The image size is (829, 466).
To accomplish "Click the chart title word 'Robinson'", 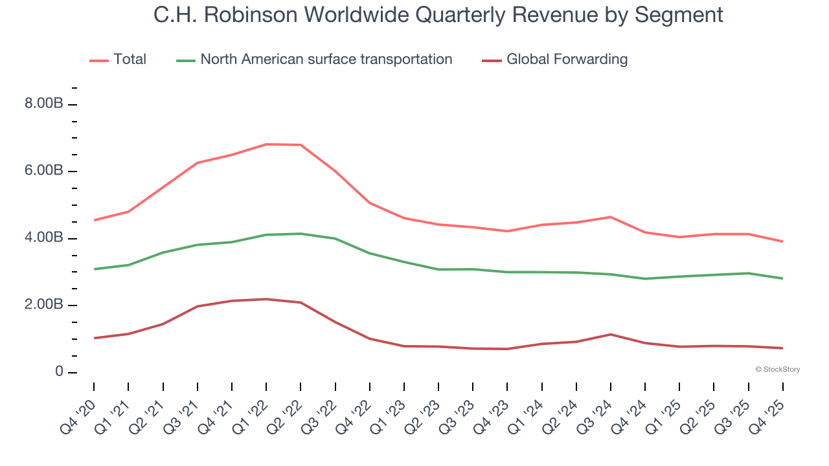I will [x=244, y=14].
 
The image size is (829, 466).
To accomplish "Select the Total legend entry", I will [x=119, y=60].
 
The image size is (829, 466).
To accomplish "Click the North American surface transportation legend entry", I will [x=315, y=60].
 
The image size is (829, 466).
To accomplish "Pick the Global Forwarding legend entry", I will [x=555, y=60].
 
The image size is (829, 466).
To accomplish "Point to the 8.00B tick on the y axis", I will [x=43, y=104].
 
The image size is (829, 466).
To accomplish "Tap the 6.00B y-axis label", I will [x=43, y=172].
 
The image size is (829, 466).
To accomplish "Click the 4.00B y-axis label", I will [x=43, y=238].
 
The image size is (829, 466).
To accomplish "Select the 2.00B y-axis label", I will [x=43, y=305].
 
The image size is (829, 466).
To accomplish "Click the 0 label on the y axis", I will [x=58, y=372].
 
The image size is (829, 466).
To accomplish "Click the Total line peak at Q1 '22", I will [x=266, y=144].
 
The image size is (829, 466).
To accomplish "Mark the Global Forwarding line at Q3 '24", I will [x=611, y=334].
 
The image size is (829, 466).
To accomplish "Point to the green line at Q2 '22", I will [x=301, y=234].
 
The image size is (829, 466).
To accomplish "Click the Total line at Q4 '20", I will [x=94, y=220].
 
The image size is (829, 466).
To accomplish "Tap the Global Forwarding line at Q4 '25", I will [x=783, y=348].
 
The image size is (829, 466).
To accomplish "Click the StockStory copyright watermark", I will [x=777, y=370].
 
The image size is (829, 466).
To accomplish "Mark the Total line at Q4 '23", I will [x=507, y=231].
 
